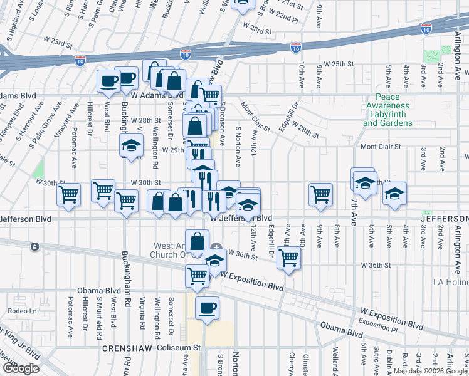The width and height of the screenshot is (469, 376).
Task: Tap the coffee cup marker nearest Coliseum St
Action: click(207, 308)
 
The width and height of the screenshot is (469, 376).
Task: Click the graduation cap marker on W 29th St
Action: click(131, 146)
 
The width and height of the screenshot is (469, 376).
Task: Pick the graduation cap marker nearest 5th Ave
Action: click(395, 193)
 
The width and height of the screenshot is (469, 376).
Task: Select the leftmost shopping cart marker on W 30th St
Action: click(68, 194)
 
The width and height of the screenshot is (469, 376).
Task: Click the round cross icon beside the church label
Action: click(216, 246)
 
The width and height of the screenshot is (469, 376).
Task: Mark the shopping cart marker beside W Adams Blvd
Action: click(210, 95)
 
